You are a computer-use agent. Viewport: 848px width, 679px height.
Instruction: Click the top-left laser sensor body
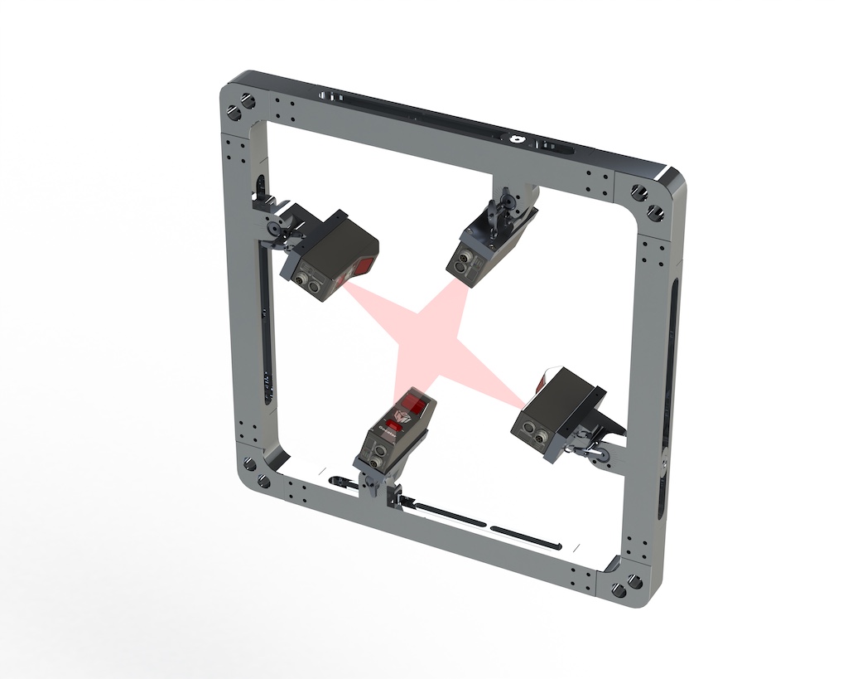click(331, 253)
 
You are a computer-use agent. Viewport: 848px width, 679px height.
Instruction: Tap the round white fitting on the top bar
click(517, 139)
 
